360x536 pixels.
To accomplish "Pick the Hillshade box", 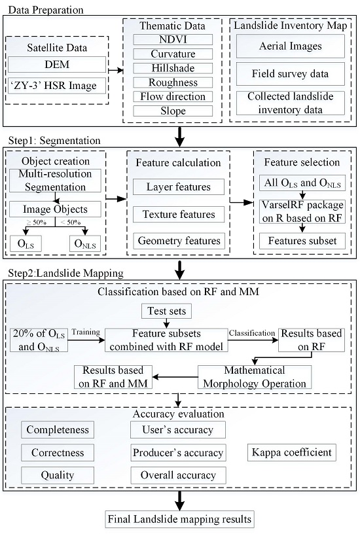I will (x=170, y=69).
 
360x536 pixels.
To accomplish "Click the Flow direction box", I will (x=170, y=96).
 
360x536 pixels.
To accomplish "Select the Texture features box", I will (x=179, y=214).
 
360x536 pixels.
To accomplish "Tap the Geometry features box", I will (x=179, y=240).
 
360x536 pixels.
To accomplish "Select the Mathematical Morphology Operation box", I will (x=253, y=376).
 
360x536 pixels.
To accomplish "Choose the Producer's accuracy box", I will (x=178, y=452).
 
